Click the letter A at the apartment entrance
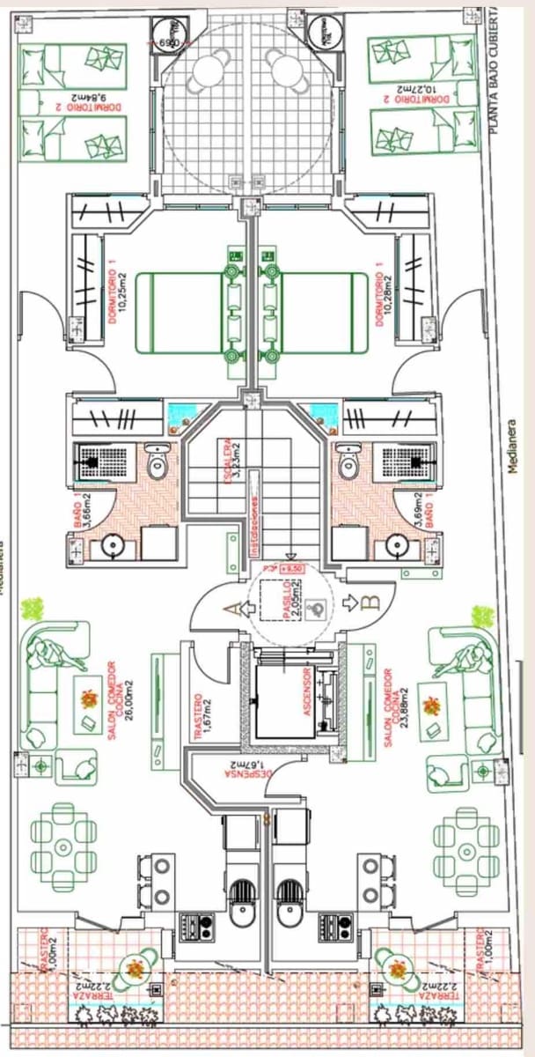click(x=231, y=609)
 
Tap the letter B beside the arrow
click(x=370, y=602)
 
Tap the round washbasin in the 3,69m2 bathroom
click(x=398, y=546)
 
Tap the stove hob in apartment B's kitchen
click(x=331, y=926)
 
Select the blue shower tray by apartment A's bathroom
click(x=184, y=412)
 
